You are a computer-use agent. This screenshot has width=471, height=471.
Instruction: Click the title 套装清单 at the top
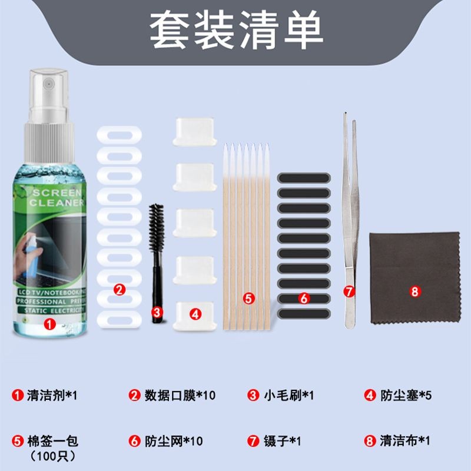click(235, 31)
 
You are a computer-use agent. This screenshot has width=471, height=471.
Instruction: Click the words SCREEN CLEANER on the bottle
click(58, 198)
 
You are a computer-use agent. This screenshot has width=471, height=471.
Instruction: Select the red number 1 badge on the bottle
click(50, 323)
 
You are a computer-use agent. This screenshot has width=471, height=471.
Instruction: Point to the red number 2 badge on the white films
click(120, 289)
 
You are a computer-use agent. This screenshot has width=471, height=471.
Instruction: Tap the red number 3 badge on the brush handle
click(157, 312)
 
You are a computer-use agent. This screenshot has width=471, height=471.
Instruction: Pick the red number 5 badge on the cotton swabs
click(248, 298)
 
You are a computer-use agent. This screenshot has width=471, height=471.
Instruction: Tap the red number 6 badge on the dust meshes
click(304, 298)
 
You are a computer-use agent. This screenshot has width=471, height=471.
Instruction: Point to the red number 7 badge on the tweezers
click(349, 291)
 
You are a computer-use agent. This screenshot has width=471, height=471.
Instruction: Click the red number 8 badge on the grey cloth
click(414, 291)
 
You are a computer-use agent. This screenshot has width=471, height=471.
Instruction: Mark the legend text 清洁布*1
click(406, 440)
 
